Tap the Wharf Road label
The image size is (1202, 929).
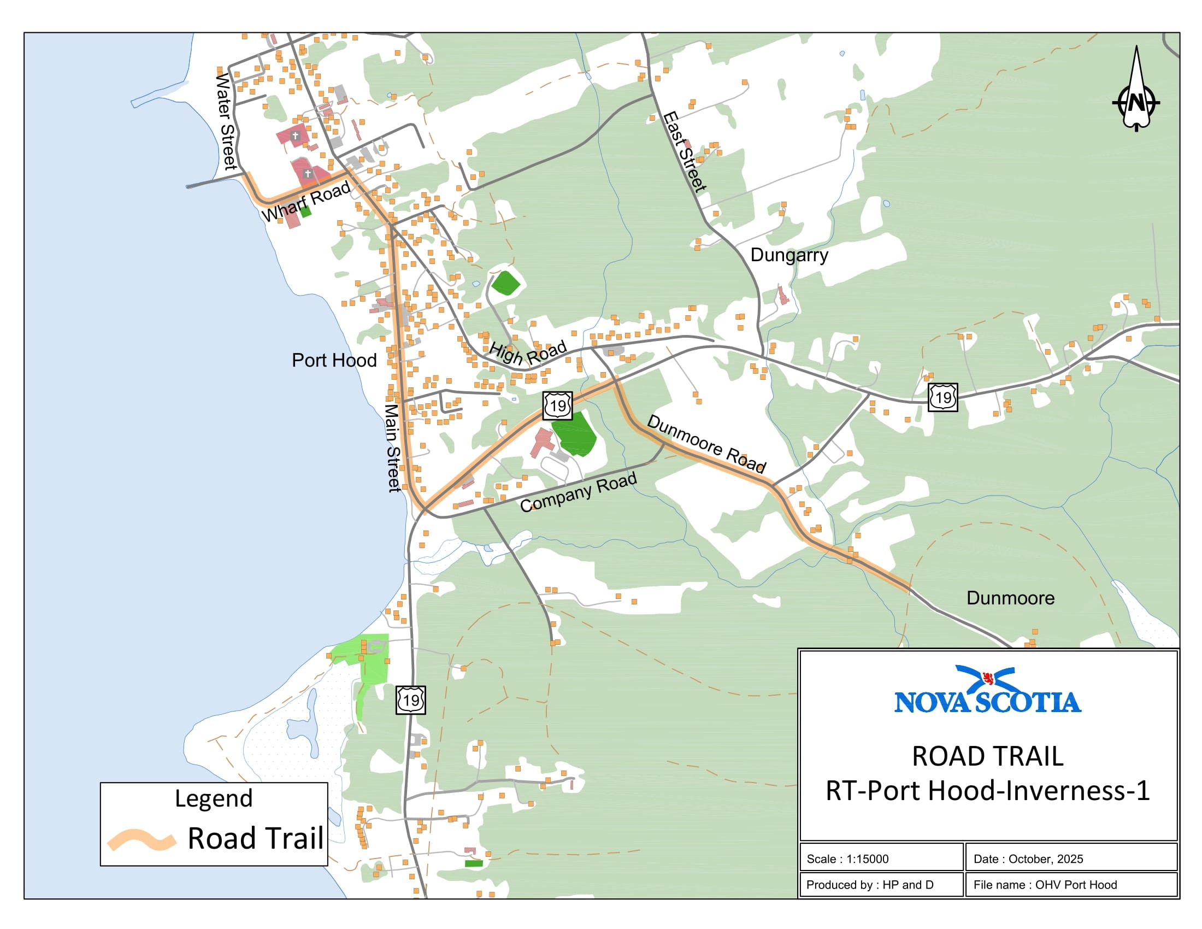pyautogui.click(x=305, y=201)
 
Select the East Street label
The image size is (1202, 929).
pyautogui.click(x=684, y=152)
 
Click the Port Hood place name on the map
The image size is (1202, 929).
pyautogui.click(x=334, y=361)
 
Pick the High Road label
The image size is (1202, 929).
pyautogui.click(x=528, y=354)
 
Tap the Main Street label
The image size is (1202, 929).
pyautogui.click(x=392, y=448)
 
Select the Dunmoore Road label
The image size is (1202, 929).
pyautogui.click(x=706, y=444)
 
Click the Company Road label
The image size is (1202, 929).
pyautogui.click(x=578, y=492)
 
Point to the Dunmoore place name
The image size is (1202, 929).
pyautogui.click(x=1010, y=598)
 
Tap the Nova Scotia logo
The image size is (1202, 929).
pyautogui.click(x=987, y=690)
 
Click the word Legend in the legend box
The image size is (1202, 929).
pyautogui.click(x=214, y=798)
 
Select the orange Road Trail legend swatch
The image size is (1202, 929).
pyautogui.click(x=142, y=840)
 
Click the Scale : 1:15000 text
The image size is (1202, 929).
pyautogui.click(x=847, y=859)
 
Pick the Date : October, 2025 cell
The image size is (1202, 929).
pyautogui.click(x=1028, y=859)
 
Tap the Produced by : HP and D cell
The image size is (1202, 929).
pyautogui.click(x=870, y=885)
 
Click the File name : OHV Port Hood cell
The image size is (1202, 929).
pyautogui.click(x=1045, y=885)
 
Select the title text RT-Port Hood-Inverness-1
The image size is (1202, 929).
pyautogui.click(x=987, y=791)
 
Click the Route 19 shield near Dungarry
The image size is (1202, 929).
pyautogui.click(x=943, y=397)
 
